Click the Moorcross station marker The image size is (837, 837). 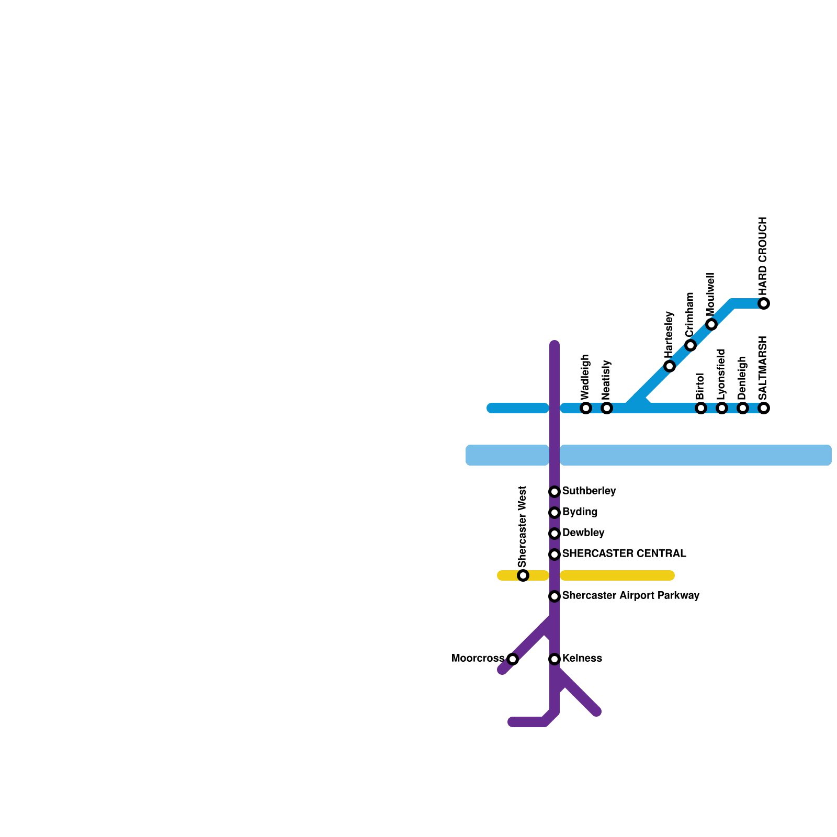point(513,659)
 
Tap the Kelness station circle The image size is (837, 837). point(555,659)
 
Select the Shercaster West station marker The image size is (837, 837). point(523,575)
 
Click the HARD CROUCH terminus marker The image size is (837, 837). point(764,303)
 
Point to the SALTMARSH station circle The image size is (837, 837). point(764,408)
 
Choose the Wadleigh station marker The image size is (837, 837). point(586,408)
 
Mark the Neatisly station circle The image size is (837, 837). point(607,408)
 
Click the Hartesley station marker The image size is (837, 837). point(670,366)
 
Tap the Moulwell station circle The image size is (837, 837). point(711,324)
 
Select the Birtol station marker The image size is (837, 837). point(701,408)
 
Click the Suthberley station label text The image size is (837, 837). point(589,491)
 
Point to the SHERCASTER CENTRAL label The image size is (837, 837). point(624,554)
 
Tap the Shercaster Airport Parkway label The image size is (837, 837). point(630,596)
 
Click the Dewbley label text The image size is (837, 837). point(583,533)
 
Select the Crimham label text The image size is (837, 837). point(689,315)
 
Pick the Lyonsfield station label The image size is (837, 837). point(721,374)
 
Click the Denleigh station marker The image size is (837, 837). point(743,408)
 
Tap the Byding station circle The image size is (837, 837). point(555,513)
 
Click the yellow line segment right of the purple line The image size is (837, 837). point(617,575)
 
